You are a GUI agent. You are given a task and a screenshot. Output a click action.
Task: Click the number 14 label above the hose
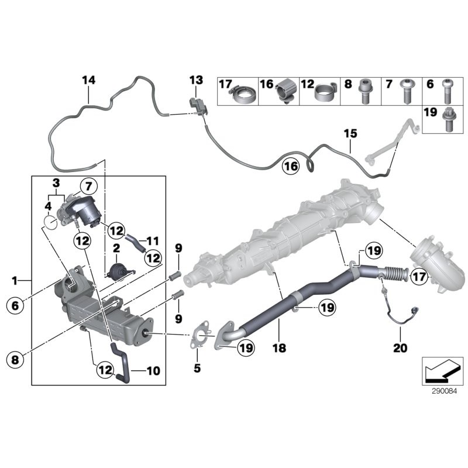89,80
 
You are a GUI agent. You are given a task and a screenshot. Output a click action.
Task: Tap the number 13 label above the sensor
196,80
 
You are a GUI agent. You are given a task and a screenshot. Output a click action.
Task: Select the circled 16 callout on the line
291,166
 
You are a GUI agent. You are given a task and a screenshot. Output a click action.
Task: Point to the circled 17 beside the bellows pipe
419,277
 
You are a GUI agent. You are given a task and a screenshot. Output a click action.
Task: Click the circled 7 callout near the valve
89,187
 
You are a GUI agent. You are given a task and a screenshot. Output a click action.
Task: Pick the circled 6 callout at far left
15,305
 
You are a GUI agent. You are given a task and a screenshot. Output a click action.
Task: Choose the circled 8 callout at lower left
15,359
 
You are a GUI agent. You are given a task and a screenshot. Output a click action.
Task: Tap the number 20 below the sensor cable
400,347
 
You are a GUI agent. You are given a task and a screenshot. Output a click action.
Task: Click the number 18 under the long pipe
279,347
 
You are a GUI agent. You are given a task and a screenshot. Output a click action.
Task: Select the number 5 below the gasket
197,369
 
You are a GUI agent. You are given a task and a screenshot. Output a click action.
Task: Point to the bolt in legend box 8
364,91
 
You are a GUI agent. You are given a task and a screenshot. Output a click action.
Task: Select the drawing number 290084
444,391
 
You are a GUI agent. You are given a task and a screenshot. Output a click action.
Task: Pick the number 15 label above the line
350,133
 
